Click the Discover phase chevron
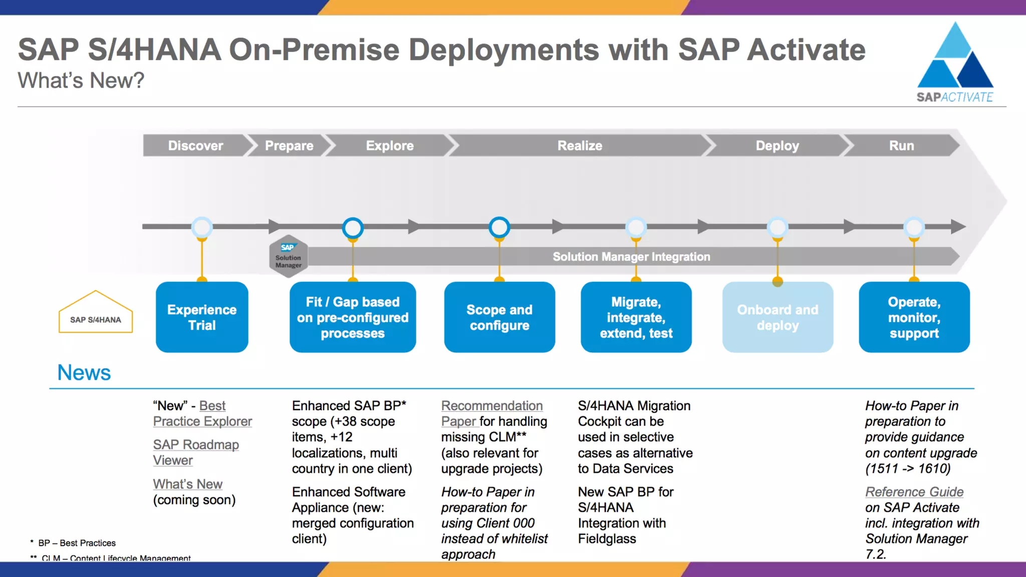coord(195,146)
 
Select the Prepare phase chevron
coord(289,146)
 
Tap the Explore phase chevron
coord(390,146)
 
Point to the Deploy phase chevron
coord(777,146)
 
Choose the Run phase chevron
coord(901,146)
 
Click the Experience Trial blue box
coord(202,317)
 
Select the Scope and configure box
coord(499,317)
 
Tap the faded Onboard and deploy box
coord(778,317)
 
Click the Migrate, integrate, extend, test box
coord(636,317)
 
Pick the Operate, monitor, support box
coord(914,317)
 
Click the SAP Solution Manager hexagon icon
coord(289,256)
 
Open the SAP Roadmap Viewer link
coord(195,452)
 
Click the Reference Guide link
coord(914,492)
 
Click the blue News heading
coord(84,373)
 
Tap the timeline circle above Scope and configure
coord(499,227)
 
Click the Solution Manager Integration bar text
coord(631,256)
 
